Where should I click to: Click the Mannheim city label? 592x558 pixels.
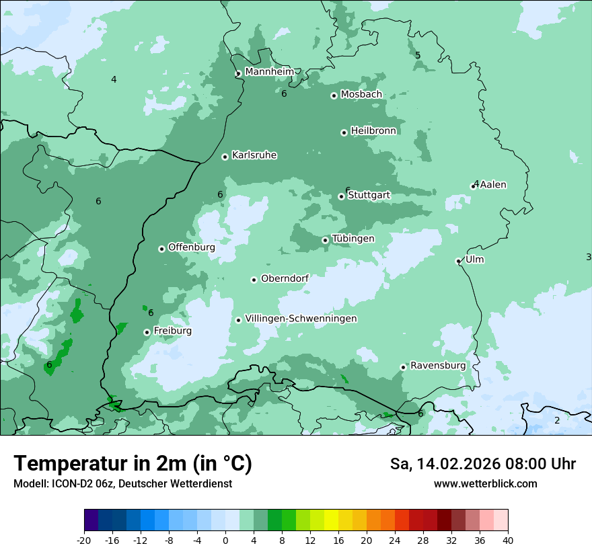coord(269,71)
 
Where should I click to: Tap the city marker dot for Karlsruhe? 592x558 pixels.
coord(225,157)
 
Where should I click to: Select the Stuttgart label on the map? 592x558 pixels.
coord(369,196)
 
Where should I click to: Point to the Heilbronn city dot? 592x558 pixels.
coord(344,132)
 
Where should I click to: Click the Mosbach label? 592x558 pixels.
coord(361,95)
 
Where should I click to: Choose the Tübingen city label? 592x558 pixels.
coord(353,239)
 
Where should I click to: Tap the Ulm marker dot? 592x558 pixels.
coord(458,261)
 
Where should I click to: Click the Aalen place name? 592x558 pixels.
coord(493,185)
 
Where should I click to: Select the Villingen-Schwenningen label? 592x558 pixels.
coord(301,319)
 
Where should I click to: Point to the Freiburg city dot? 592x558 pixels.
coord(147,332)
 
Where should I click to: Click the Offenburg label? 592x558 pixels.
coord(192,247)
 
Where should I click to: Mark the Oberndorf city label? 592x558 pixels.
coord(285,278)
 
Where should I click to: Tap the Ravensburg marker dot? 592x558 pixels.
coord(403,367)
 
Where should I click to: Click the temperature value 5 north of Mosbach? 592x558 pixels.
coord(418,56)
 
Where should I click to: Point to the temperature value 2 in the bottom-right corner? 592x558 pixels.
coord(556,420)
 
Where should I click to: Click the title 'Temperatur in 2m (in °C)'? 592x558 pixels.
coord(133,463)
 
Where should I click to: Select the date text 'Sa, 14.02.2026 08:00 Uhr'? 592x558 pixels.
coord(482,464)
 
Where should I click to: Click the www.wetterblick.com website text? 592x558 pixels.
coord(485,483)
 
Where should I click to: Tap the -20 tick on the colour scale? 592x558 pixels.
coord(84,540)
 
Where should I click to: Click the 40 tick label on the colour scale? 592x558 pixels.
coord(508,540)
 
